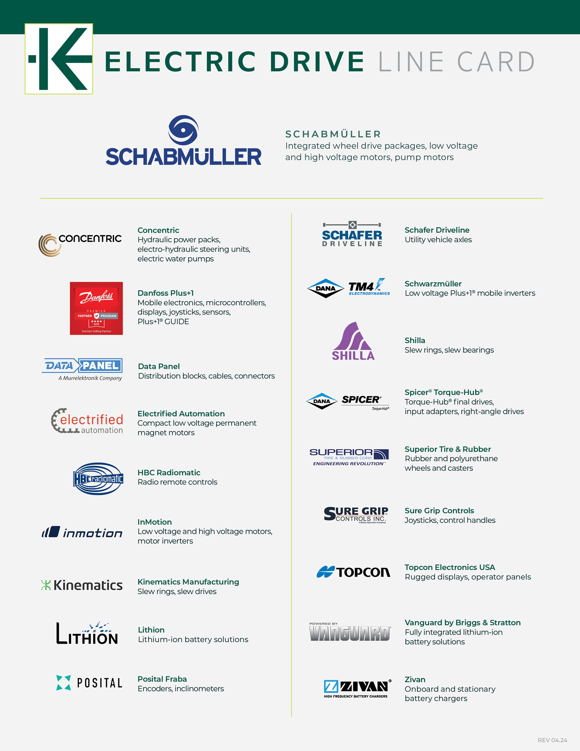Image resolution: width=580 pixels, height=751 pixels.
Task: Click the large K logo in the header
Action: (x=59, y=59)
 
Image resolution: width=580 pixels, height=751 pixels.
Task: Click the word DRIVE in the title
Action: (x=317, y=62)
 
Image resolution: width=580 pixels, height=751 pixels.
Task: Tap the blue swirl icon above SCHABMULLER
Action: (x=183, y=130)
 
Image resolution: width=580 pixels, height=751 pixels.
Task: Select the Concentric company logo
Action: (x=80, y=244)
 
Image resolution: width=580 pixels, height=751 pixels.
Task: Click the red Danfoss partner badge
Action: (x=96, y=308)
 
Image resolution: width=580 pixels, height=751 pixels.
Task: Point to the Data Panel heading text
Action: (x=159, y=366)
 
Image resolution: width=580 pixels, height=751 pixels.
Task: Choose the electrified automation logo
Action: (x=87, y=421)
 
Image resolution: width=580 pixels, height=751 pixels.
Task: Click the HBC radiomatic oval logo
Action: (x=98, y=478)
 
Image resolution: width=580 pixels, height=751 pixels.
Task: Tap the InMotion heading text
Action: (x=155, y=522)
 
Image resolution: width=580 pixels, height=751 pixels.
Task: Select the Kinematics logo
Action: (x=82, y=585)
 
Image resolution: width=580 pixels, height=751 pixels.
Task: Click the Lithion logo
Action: (x=87, y=633)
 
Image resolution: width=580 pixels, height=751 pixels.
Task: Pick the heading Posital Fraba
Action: (x=162, y=679)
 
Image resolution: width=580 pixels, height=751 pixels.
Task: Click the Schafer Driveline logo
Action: (x=352, y=234)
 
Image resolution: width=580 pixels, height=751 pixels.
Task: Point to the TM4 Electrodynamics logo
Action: (x=369, y=288)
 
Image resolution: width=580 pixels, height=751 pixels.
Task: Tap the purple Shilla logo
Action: (x=353, y=341)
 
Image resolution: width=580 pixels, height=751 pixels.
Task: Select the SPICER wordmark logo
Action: (x=365, y=401)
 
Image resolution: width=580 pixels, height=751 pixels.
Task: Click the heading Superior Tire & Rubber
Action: (x=448, y=449)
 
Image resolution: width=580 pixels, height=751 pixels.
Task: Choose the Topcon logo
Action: (x=353, y=572)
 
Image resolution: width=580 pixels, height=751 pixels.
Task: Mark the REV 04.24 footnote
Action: (x=552, y=740)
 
